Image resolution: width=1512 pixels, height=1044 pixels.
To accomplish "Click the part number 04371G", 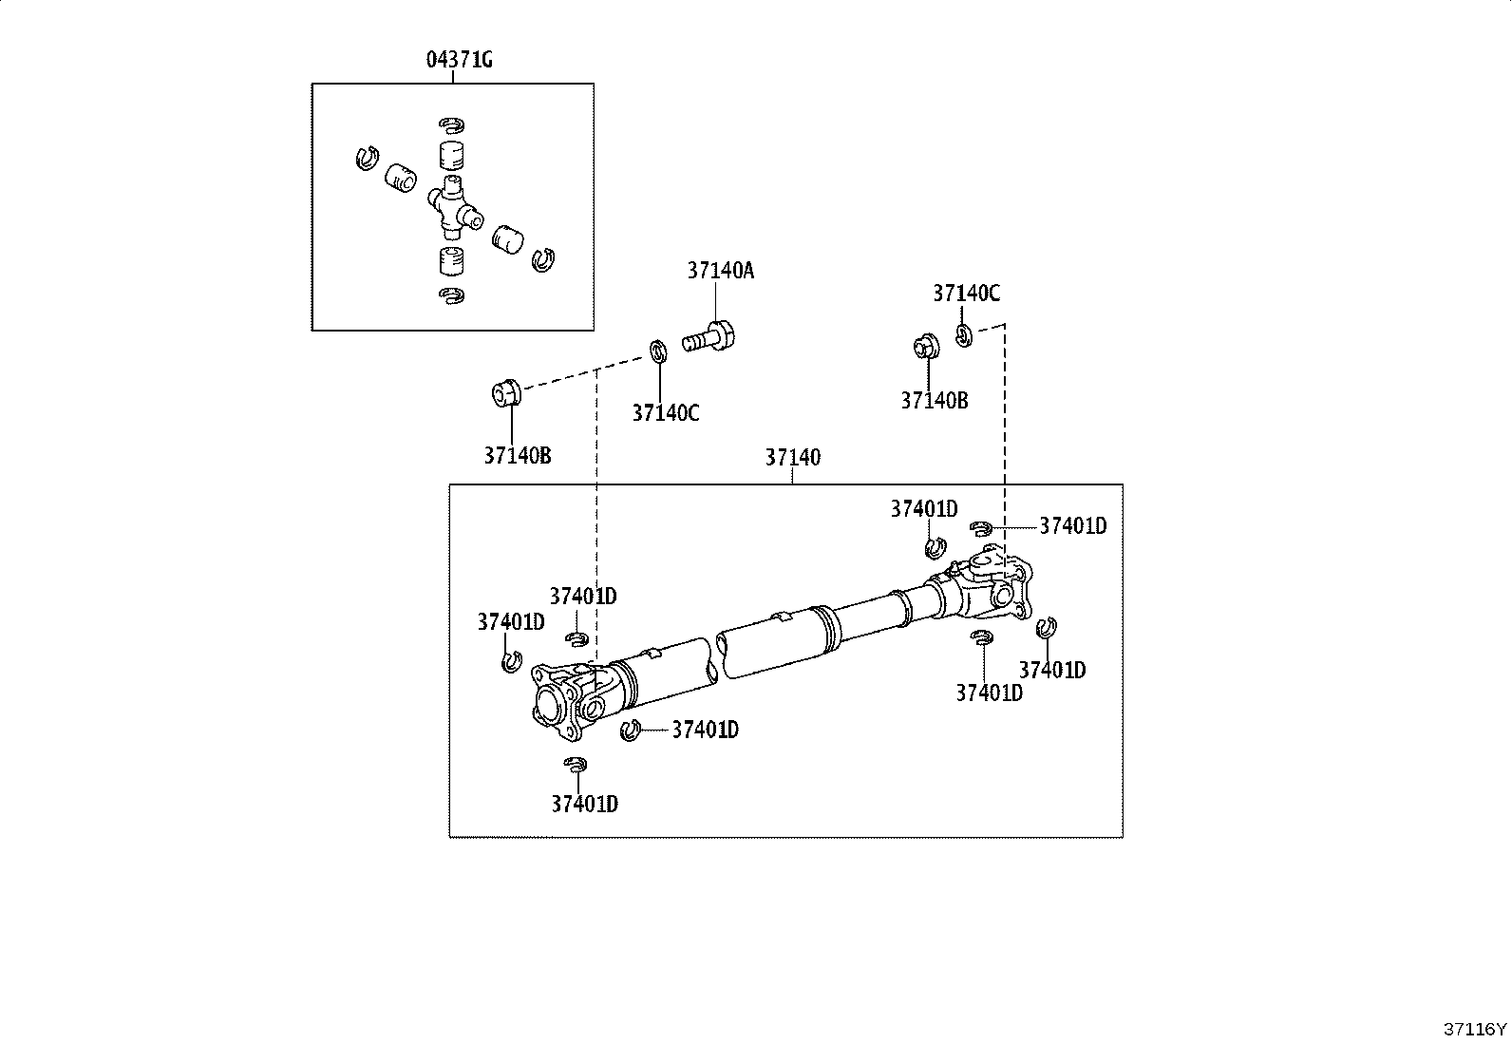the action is (459, 60).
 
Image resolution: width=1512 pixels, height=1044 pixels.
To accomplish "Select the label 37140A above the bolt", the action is (721, 271).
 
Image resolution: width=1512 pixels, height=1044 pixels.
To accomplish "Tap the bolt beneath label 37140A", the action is (709, 337).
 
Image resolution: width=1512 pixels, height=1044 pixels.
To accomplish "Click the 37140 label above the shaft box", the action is (792, 457).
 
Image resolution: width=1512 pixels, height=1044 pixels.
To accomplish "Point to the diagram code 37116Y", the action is (1475, 1029).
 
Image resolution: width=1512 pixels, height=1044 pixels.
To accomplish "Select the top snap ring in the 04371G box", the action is (451, 125).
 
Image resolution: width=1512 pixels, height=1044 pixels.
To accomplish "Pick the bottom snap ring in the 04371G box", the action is (451, 295).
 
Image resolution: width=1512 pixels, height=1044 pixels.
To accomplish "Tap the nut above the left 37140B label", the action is (506, 393).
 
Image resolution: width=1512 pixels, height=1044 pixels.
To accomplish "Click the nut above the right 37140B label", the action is (928, 346).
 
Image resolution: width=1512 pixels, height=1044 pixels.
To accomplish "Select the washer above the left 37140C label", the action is (658, 351).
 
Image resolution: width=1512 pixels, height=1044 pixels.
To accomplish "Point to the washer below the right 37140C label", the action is (964, 335).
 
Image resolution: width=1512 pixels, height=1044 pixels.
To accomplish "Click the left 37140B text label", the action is (518, 456).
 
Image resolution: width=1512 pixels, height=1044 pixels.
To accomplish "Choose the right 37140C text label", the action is (967, 294).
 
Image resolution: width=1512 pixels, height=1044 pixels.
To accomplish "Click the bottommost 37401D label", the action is (584, 804).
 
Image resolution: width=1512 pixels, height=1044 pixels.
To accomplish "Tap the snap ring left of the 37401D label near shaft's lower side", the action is (631, 730).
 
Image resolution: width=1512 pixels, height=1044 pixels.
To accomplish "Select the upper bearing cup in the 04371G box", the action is (451, 156).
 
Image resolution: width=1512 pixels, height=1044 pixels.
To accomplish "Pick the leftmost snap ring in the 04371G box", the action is (368, 158).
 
